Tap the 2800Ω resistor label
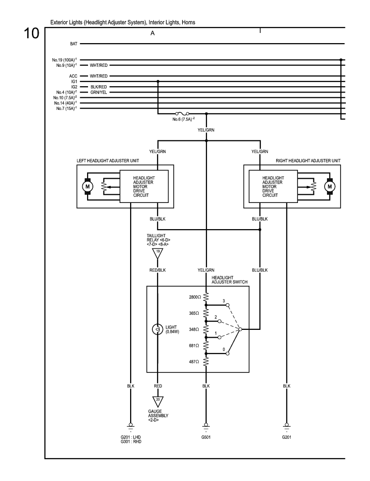tap(195, 296)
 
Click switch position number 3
tap(223, 301)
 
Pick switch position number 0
tap(223, 349)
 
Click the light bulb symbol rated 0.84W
tap(157, 329)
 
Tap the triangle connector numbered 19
tap(158, 252)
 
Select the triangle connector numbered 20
tap(158, 401)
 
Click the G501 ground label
tap(207, 437)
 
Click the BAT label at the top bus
tap(74, 44)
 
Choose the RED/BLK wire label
tap(158, 270)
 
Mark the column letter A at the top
tap(152, 33)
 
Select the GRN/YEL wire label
tap(99, 92)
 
